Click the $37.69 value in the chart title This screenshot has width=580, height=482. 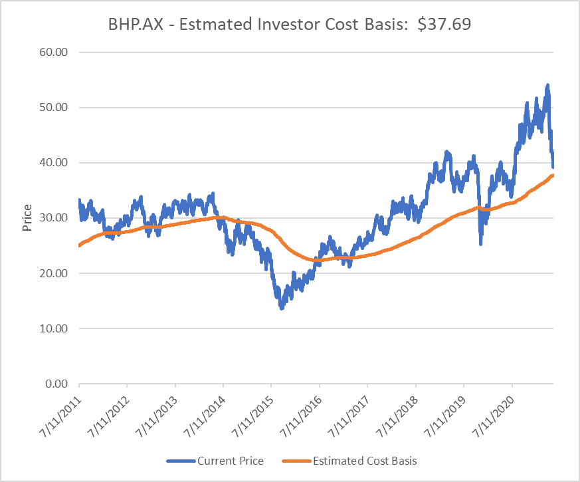pos(444,24)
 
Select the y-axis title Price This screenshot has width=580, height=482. pos(27,218)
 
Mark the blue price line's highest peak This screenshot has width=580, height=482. pos(547,85)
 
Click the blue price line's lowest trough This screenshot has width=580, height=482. pos(282,308)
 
